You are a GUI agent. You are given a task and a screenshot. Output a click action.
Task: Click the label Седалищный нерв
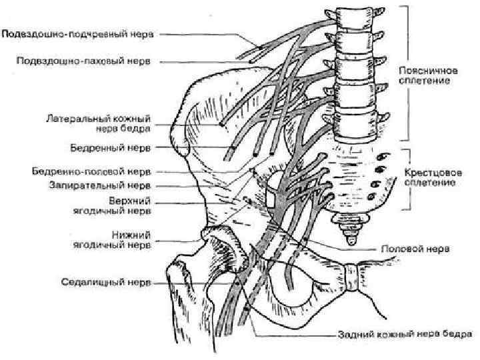[111, 282]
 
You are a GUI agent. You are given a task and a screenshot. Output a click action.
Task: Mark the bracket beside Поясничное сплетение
[405, 73]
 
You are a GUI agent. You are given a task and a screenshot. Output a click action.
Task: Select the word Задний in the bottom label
[352, 333]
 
